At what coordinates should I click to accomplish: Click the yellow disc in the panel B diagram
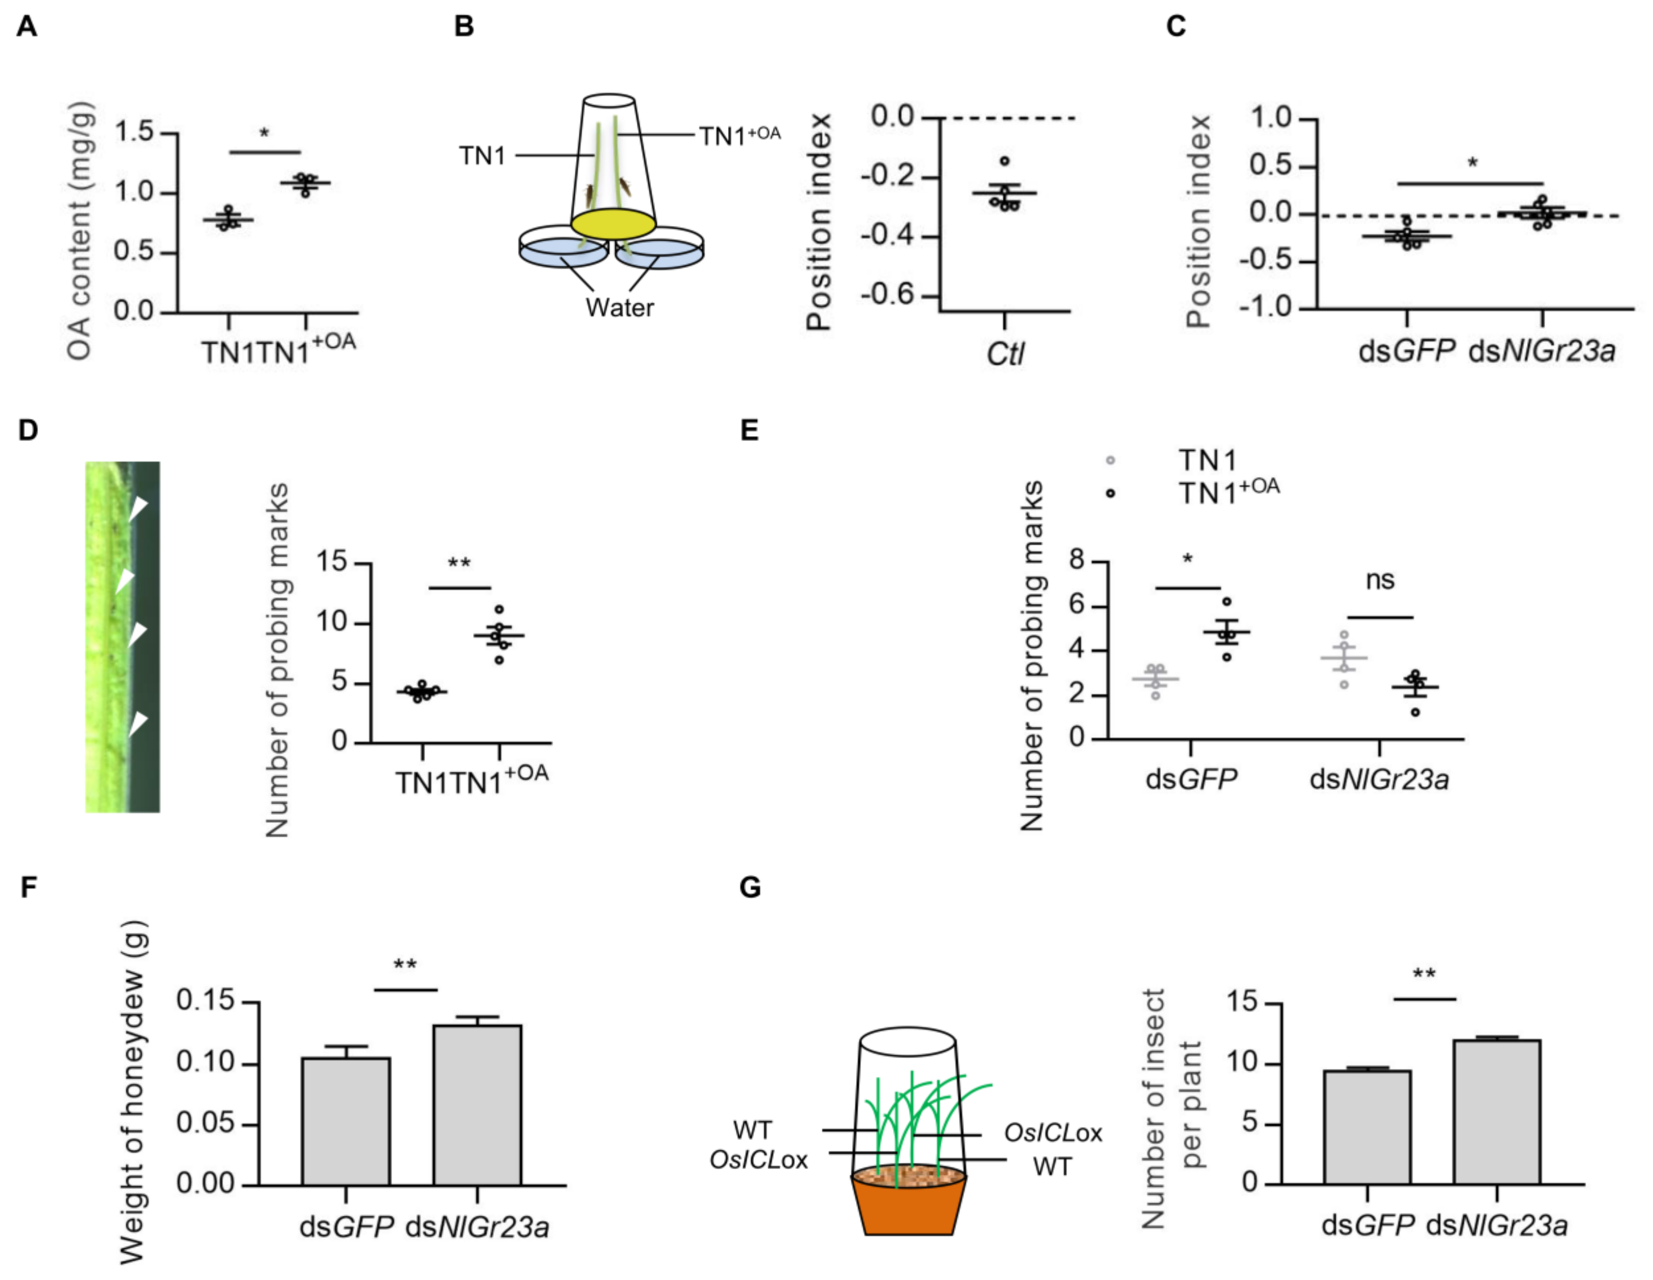pyautogui.click(x=613, y=225)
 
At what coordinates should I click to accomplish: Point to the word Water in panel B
pyautogui.click(x=619, y=308)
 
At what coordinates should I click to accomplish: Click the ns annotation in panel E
pyautogui.click(x=1380, y=580)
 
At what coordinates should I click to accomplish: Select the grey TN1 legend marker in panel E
pyautogui.click(x=1110, y=460)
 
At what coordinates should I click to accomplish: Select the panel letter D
pyautogui.click(x=28, y=430)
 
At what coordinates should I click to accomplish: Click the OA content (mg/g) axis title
pyautogui.click(x=80, y=231)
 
